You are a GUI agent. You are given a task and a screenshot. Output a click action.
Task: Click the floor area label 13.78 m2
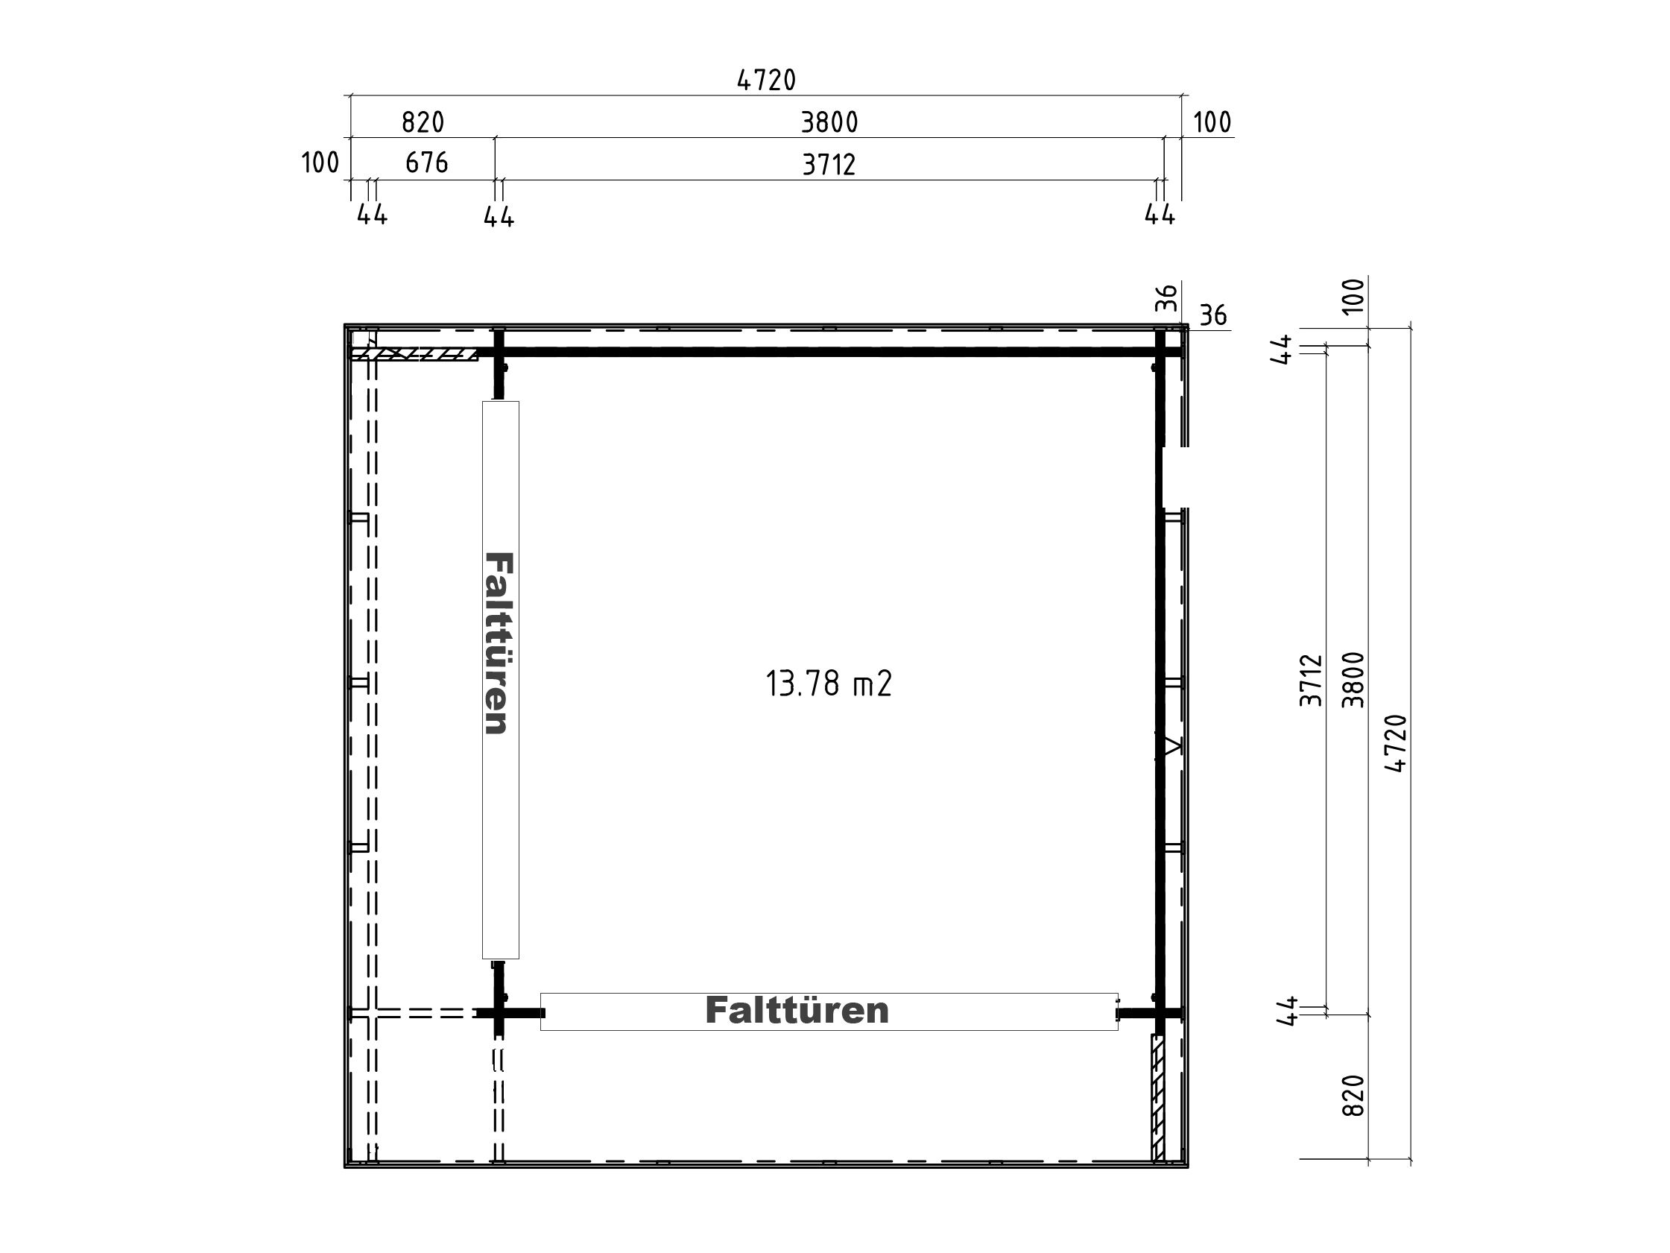tap(828, 684)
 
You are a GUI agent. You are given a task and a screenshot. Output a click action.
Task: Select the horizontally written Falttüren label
tap(797, 1011)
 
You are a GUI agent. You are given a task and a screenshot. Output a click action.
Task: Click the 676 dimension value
tap(426, 163)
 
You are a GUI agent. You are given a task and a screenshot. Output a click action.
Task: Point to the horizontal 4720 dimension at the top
tap(766, 80)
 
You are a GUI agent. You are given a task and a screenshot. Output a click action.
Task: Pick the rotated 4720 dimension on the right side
tap(1397, 743)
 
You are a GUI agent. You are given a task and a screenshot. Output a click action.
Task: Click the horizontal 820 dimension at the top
tap(423, 122)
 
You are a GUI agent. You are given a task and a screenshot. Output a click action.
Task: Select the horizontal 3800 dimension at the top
tap(829, 122)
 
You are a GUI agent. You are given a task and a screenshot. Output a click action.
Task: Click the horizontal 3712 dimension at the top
tap(829, 165)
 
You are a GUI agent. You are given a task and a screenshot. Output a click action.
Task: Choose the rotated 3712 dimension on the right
tap(1312, 681)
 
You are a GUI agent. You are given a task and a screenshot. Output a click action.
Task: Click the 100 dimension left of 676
tap(320, 163)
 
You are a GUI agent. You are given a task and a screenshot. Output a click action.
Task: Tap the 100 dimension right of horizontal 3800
tap(1212, 122)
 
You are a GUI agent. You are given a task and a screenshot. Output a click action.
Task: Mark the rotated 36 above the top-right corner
tap(1166, 297)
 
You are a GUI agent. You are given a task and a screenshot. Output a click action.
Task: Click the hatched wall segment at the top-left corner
tap(414, 354)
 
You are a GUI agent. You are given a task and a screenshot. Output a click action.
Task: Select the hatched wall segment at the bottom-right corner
tap(1158, 1096)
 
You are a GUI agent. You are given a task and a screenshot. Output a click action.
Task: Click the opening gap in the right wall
tap(1172, 477)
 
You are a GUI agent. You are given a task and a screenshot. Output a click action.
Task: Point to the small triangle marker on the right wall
tap(1171, 746)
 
